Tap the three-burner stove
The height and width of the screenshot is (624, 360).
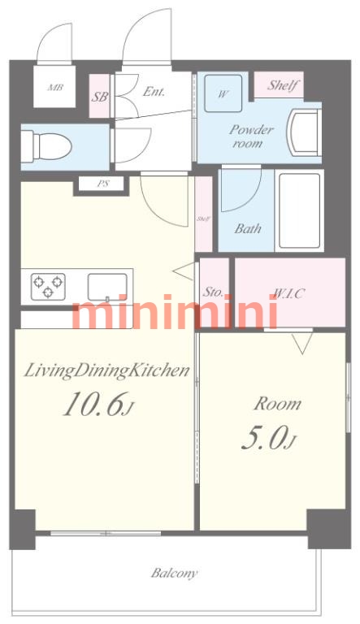click(48, 287)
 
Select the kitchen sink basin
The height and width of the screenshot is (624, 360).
click(107, 287)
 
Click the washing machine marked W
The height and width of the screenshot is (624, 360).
click(223, 93)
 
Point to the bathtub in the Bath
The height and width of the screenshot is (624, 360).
click(300, 210)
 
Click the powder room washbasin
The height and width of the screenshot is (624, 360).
click(305, 132)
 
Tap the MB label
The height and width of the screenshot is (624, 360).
click(55, 87)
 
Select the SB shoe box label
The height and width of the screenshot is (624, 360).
click(99, 97)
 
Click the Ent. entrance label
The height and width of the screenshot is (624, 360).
click(154, 92)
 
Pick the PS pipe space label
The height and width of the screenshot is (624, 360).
click(103, 184)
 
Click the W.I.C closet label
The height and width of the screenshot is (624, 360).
click(289, 293)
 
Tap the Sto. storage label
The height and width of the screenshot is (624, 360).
click(213, 292)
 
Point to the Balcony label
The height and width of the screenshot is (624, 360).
click(174, 573)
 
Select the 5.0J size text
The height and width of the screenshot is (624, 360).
click(269, 440)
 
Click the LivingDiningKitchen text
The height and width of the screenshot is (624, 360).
click(106, 370)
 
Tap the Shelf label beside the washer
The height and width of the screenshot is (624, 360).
click(283, 84)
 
